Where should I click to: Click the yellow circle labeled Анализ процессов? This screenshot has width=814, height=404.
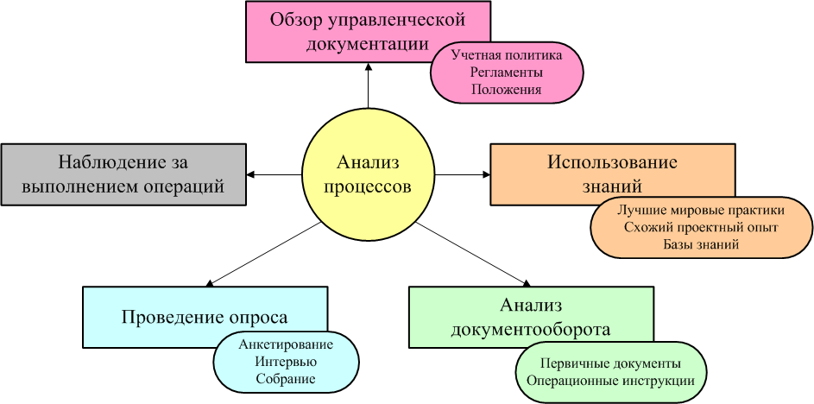click(x=369, y=175)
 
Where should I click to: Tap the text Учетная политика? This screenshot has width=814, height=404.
click(x=507, y=54)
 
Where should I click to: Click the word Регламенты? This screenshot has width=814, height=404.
click(x=507, y=72)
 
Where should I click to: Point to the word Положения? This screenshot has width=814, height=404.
click(x=507, y=89)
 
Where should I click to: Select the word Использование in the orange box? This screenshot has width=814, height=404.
click(x=613, y=162)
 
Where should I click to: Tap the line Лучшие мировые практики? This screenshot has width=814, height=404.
click(x=701, y=211)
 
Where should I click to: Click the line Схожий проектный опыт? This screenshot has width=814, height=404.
click(x=701, y=227)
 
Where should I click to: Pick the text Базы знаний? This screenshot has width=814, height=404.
click(x=701, y=244)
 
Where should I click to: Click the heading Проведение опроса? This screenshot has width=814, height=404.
click(x=205, y=317)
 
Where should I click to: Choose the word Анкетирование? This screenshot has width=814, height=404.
click(x=286, y=344)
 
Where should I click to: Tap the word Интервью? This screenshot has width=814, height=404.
click(x=286, y=362)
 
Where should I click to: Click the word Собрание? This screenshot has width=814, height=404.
click(x=286, y=379)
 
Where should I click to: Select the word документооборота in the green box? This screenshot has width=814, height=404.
click(x=531, y=329)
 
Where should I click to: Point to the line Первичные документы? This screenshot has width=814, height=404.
click(x=610, y=363)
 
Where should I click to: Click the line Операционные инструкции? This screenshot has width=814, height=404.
click(x=610, y=380)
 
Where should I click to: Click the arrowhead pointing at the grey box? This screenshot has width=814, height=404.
click(x=250, y=175)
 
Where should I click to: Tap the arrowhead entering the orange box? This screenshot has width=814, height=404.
click(x=486, y=175)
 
